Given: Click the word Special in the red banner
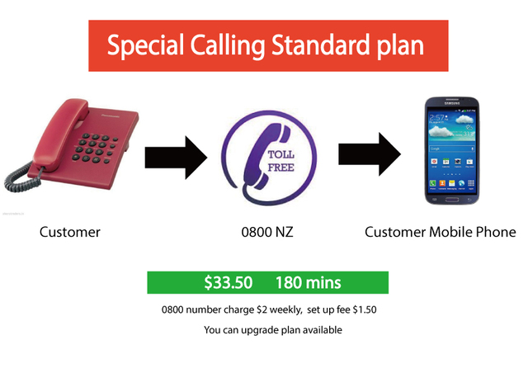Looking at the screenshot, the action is click(x=145, y=45).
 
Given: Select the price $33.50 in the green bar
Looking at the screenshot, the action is click(x=229, y=282).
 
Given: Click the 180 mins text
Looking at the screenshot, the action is click(x=308, y=282).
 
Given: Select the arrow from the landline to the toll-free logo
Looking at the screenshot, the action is click(x=176, y=158).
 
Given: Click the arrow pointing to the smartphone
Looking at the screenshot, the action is click(x=370, y=154).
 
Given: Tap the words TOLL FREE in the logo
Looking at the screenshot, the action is click(x=280, y=161).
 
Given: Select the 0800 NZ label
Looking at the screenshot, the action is click(x=267, y=232).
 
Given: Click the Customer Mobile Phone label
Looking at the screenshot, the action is click(x=440, y=232).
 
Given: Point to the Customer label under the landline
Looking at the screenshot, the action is click(x=69, y=232).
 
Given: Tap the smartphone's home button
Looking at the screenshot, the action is click(x=452, y=200).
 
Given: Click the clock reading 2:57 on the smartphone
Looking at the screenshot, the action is click(x=437, y=118).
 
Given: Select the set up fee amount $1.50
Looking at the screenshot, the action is click(x=365, y=309).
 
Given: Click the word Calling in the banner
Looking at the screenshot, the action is click(x=228, y=46).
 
